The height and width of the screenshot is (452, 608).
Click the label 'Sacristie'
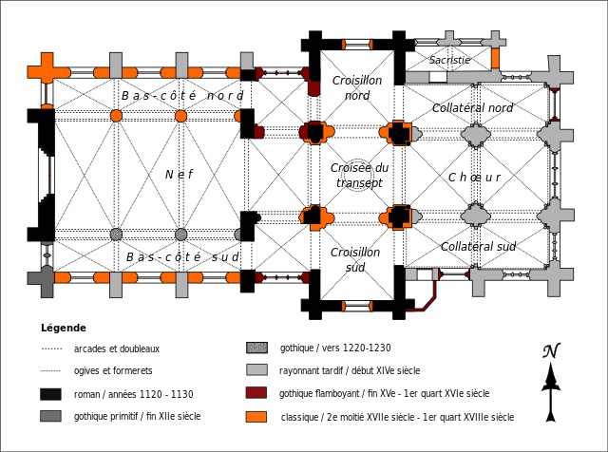[x=449, y=60]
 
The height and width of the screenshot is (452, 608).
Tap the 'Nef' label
[x=178, y=174]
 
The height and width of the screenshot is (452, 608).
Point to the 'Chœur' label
[x=474, y=178]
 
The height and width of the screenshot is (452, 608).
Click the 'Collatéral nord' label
[x=472, y=108]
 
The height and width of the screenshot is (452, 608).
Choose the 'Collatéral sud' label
[x=478, y=247]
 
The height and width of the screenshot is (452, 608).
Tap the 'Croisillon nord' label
[x=356, y=88]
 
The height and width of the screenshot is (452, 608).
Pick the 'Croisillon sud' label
[x=356, y=259]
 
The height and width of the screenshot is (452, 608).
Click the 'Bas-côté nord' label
[x=182, y=96]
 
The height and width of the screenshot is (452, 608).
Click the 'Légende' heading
[x=64, y=327]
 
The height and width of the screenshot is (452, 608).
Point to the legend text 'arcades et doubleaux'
[x=116, y=348]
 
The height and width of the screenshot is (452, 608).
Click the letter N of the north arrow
[x=549, y=351]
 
